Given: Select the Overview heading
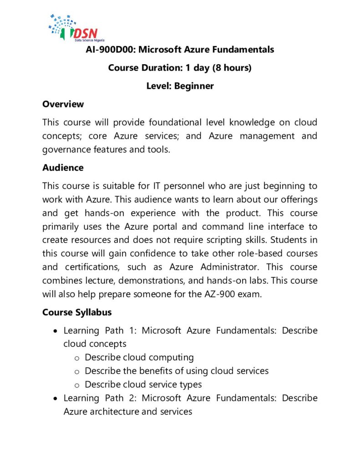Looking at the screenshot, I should click(63, 104).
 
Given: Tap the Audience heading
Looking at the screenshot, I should click(63, 167).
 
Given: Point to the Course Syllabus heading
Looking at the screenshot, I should click(77, 313).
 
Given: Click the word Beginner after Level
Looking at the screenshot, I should click(193, 86).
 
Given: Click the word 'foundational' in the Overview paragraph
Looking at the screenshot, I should click(164, 122).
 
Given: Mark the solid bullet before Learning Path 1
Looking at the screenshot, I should click(55, 331).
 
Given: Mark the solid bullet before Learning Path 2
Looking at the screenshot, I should click(55, 398).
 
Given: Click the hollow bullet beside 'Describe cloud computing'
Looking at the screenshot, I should click(77, 358).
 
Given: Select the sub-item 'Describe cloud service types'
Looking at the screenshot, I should click(143, 384).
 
